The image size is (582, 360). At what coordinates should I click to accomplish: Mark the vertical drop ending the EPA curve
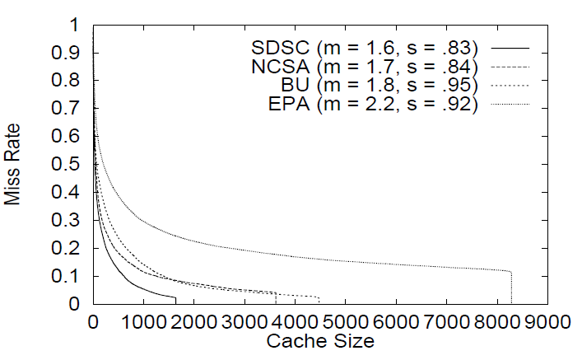pyautogui.click(x=511, y=288)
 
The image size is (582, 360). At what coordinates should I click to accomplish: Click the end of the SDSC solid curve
pyautogui.click(x=176, y=297)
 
